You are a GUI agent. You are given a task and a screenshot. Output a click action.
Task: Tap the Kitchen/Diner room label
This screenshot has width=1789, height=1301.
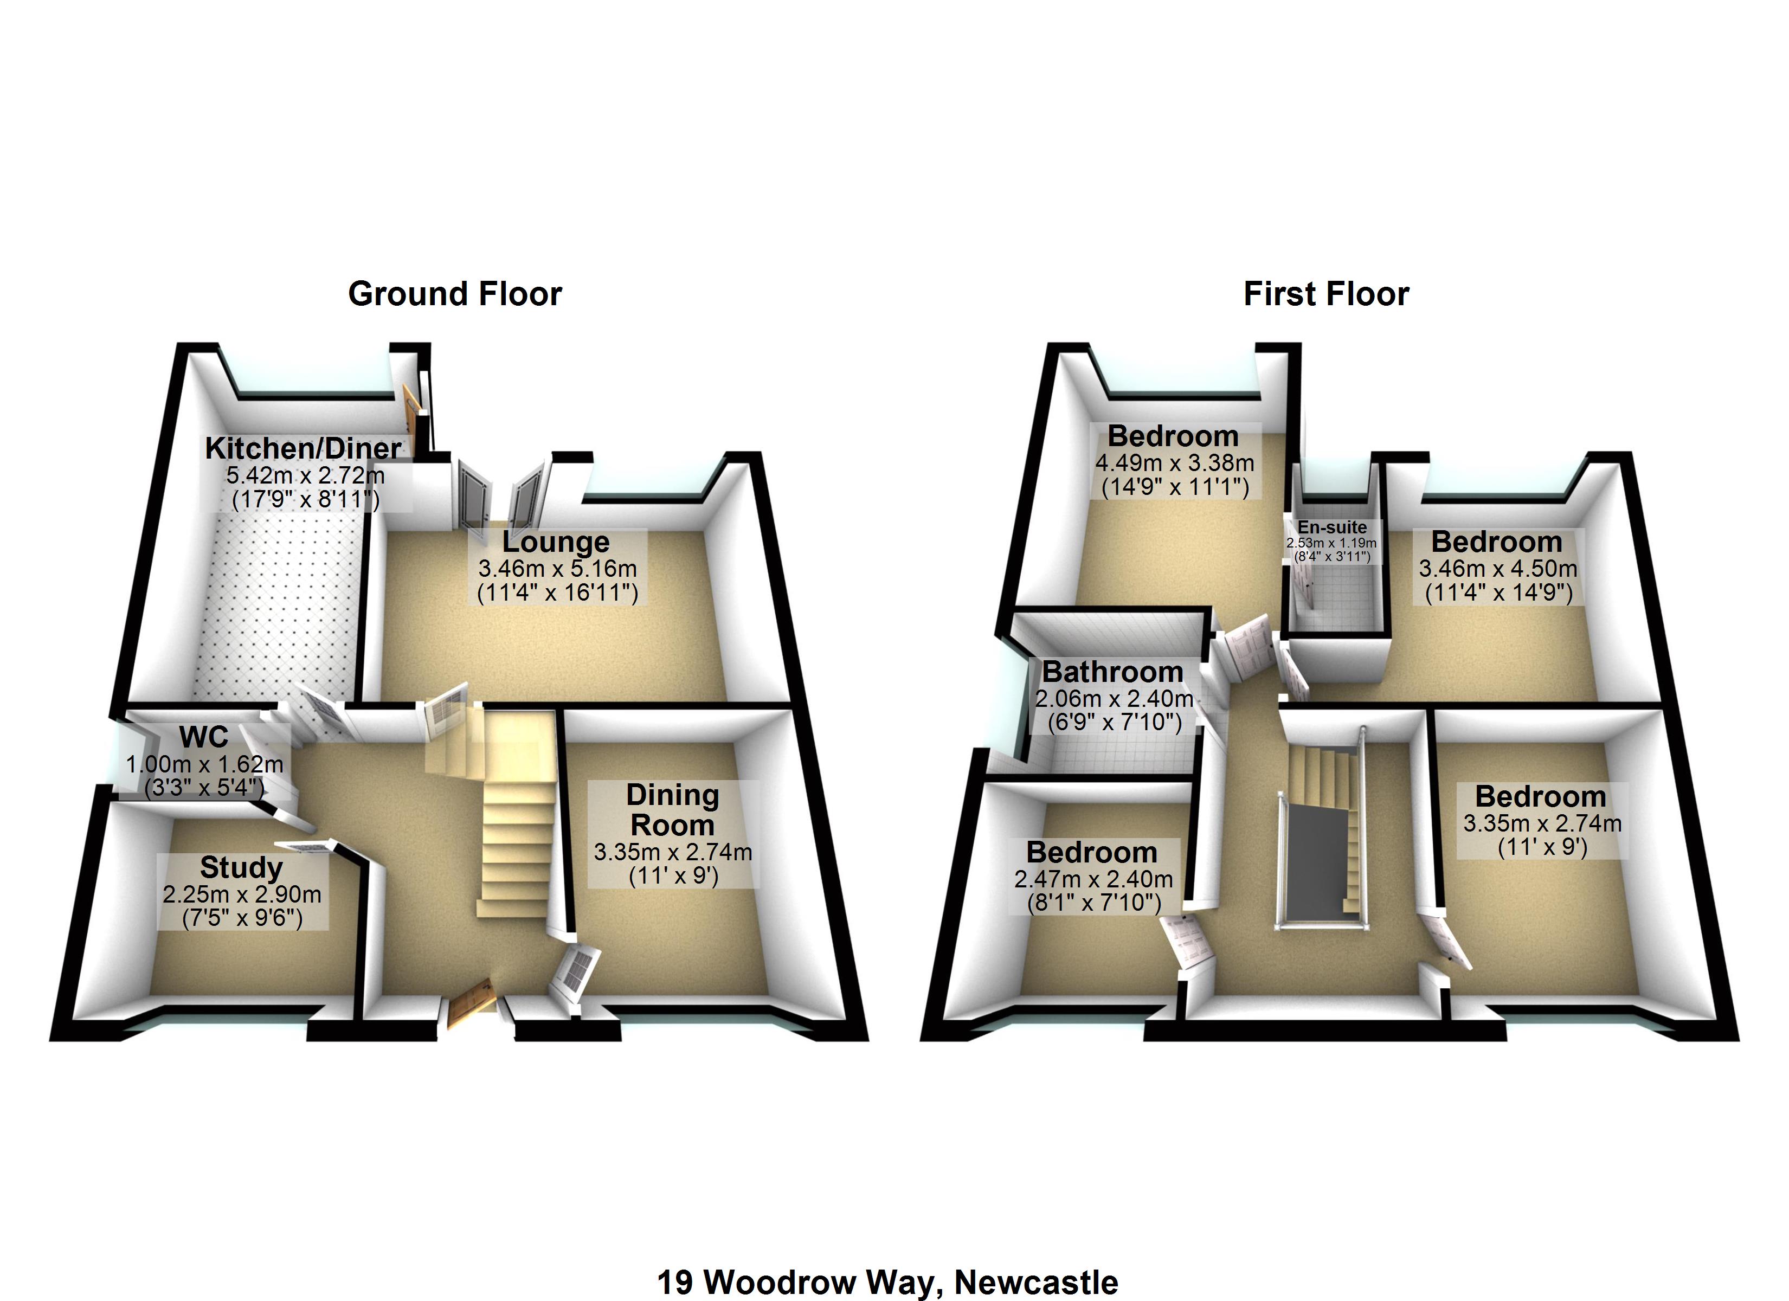[x=304, y=448]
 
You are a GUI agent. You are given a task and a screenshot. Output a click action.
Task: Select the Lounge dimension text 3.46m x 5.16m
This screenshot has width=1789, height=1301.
[x=557, y=568]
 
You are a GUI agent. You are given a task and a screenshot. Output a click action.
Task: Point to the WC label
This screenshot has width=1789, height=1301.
[x=203, y=737]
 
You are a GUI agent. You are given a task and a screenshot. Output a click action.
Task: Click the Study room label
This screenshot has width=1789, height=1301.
[x=241, y=867]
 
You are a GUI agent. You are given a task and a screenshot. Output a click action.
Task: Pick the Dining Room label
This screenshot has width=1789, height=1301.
[x=672, y=810]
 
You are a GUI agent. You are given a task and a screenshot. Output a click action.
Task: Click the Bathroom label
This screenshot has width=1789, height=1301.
[x=1112, y=672]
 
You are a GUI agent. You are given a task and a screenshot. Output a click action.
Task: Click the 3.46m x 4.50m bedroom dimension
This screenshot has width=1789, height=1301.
[x=1498, y=568]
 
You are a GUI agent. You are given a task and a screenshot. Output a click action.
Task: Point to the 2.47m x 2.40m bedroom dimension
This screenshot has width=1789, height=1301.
[x=1093, y=878]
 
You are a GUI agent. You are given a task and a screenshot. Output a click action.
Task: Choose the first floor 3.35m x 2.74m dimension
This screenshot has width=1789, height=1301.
[x=1542, y=823]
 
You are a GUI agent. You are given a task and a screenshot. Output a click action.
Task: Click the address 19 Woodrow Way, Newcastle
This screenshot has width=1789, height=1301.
[x=887, y=1282]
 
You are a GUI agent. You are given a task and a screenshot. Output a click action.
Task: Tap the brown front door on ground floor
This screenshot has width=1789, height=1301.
[x=472, y=1003]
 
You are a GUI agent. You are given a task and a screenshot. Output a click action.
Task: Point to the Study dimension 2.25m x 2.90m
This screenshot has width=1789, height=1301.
[x=241, y=894]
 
